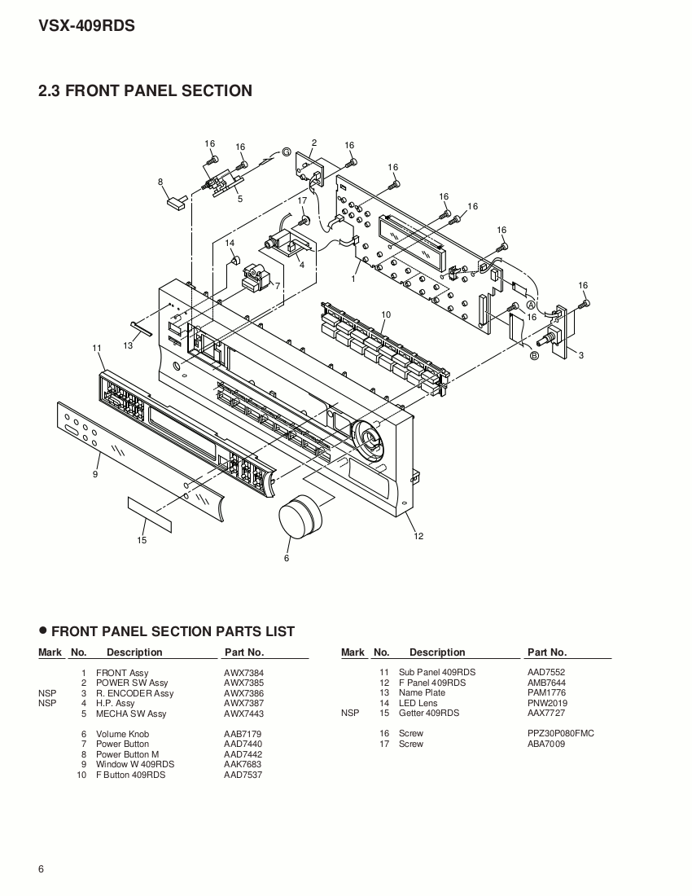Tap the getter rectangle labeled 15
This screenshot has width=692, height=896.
click(x=149, y=512)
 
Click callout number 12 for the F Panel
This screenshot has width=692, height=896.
click(x=418, y=536)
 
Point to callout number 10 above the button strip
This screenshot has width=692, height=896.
click(x=386, y=314)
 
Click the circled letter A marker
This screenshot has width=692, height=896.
click(x=530, y=326)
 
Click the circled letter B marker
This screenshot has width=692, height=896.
click(x=534, y=355)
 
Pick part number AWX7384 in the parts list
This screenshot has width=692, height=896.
click(x=243, y=673)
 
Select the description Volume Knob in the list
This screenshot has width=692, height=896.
click(x=122, y=734)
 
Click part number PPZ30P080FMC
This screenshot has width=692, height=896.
click(x=560, y=733)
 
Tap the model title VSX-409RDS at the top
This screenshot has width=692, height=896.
click(x=86, y=26)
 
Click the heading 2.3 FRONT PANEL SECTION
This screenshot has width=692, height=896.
click(x=145, y=91)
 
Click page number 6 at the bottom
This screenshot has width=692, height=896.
click(x=41, y=868)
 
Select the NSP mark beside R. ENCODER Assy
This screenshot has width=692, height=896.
click(x=47, y=693)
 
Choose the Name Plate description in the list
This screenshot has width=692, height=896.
click(x=422, y=692)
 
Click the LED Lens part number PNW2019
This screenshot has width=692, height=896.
click(x=547, y=703)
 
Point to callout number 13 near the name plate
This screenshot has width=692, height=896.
click(x=128, y=345)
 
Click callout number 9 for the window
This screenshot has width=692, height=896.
click(x=95, y=474)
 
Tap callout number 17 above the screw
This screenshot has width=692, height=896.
click(x=302, y=200)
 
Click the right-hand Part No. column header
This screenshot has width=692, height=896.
click(x=546, y=652)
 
